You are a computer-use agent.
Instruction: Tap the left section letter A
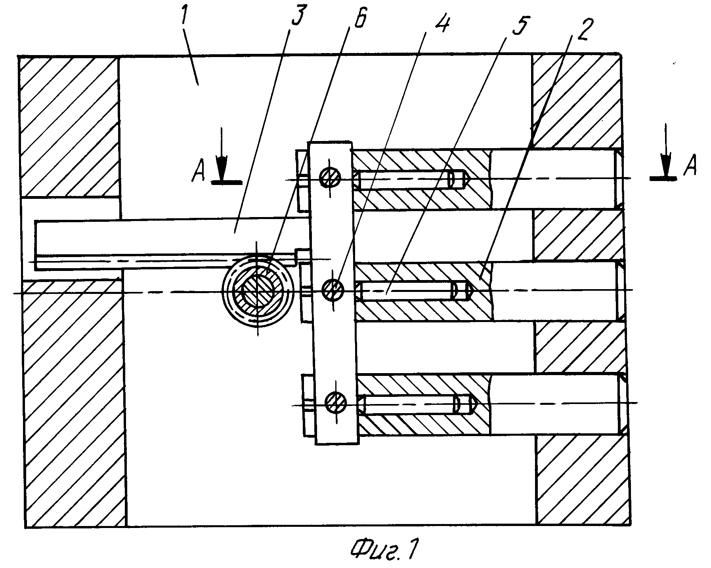pyautogui.click(x=198, y=174)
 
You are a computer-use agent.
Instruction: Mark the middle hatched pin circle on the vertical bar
pyautogui.click(x=333, y=290)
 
